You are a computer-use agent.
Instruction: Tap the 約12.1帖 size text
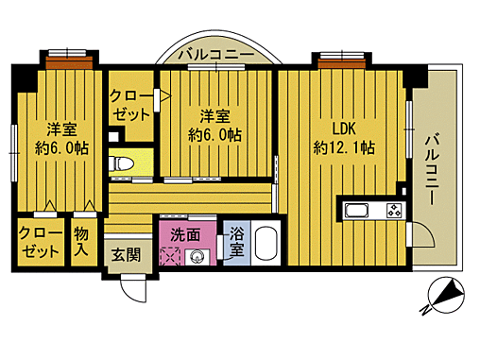pos(343,147)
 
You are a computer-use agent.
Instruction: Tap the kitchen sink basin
pos(360,211)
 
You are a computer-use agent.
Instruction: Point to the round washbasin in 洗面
pos(198,256)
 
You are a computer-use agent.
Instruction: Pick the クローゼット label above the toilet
pos(130,105)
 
